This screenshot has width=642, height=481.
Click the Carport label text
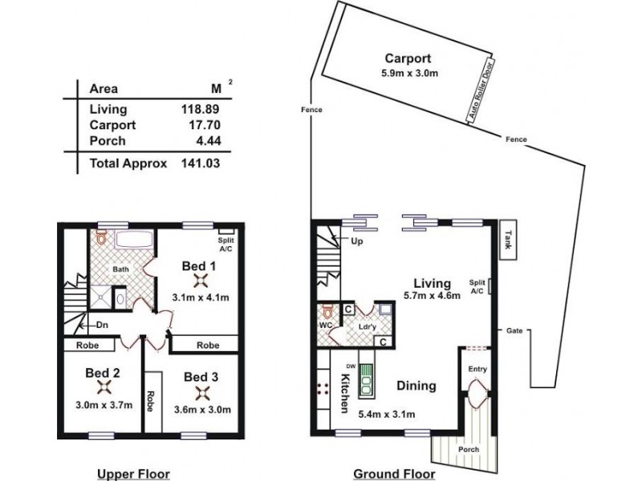click(x=408, y=58)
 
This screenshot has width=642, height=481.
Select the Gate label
click(x=514, y=330)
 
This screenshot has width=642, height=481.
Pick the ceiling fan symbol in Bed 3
click(x=201, y=393)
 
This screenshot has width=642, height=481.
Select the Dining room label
click(x=416, y=386)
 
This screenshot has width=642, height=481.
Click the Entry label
click(x=477, y=370)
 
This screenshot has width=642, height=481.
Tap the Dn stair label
click(x=102, y=325)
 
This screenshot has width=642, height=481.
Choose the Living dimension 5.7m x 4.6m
click(x=432, y=297)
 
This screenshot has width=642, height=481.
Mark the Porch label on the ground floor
click(x=468, y=450)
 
